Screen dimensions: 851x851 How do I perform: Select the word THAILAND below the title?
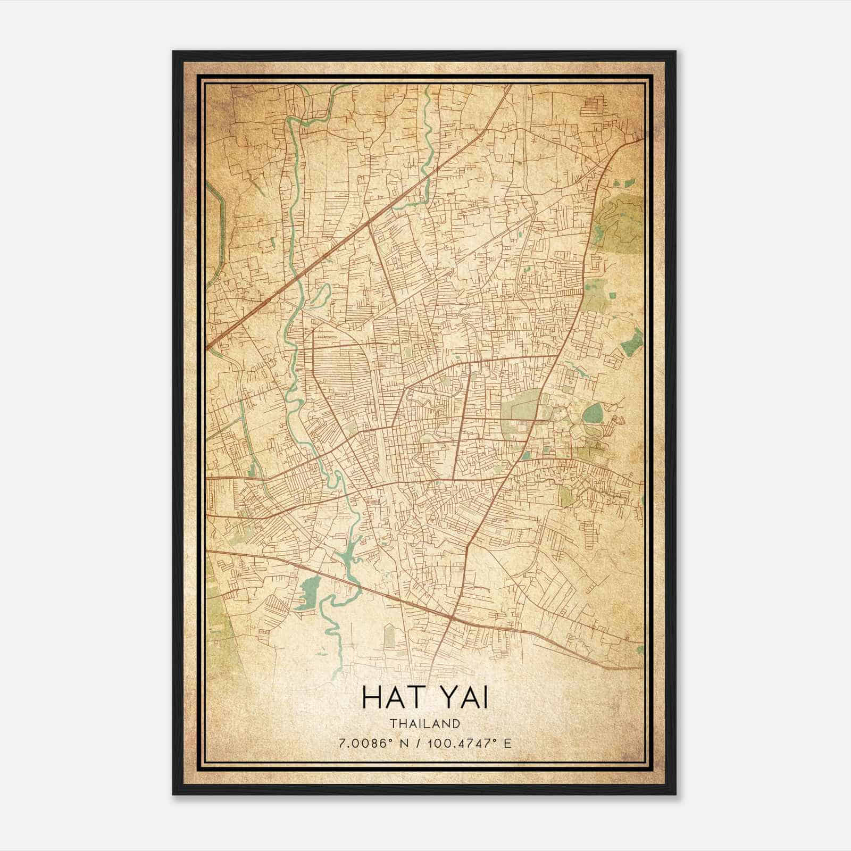pos(424,723)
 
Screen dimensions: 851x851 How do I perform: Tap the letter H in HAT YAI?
pos(371,697)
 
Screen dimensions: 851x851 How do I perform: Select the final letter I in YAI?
pos(485,697)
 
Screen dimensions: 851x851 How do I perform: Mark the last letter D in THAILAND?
pos(457,723)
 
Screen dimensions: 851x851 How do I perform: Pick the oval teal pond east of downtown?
pos(593,413)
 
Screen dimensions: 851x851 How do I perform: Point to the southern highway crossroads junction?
pos(450,618)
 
